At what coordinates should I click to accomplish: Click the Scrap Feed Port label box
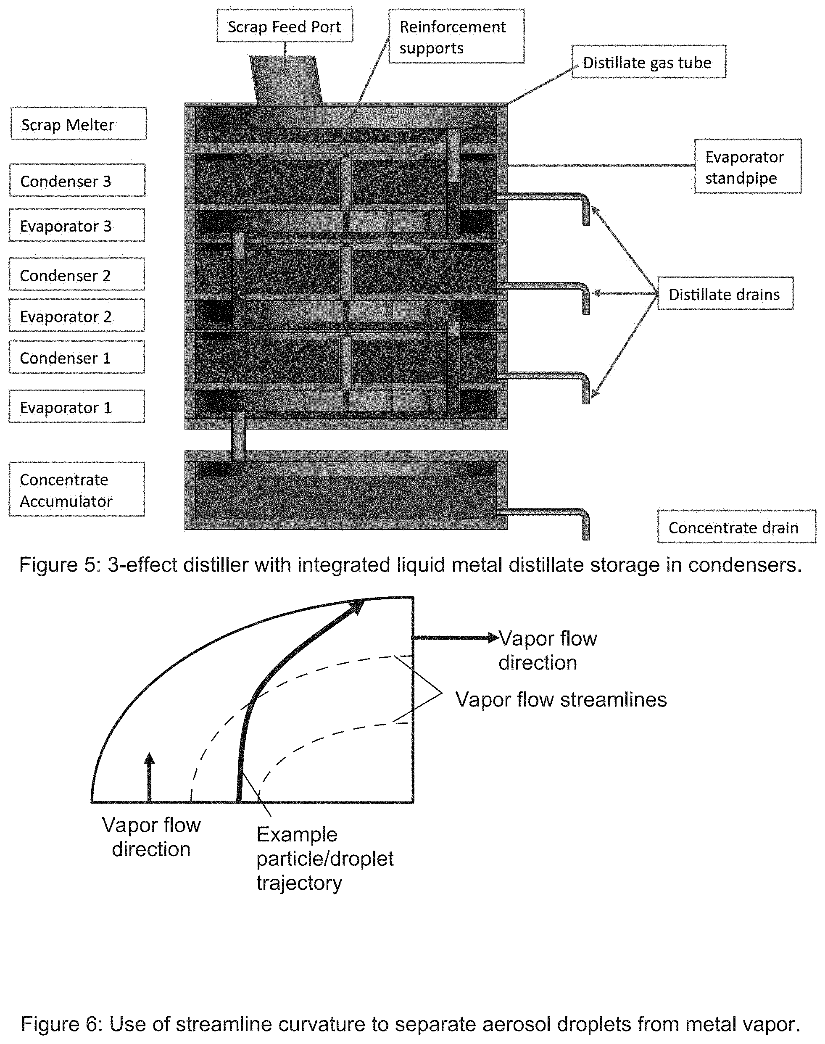tap(285, 26)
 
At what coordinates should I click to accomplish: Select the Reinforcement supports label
tap(456, 36)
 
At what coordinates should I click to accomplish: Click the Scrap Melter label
tap(79, 124)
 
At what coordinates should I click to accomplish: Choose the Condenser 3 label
tap(77, 180)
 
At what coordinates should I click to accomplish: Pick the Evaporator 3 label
tap(77, 225)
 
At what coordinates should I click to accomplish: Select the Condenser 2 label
tap(77, 274)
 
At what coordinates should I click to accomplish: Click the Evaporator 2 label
tap(77, 316)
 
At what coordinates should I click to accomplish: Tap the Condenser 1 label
tap(77, 357)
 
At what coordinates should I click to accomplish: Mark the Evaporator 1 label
tap(77, 407)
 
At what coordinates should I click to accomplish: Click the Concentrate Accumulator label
tap(77, 489)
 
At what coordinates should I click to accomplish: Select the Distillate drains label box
tap(725, 294)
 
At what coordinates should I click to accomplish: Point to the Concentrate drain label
tap(736, 527)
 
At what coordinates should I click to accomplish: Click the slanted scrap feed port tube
tap(286, 80)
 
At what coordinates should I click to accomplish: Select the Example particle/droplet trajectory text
tap(325, 859)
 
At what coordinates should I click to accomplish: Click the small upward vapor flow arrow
tap(150, 777)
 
